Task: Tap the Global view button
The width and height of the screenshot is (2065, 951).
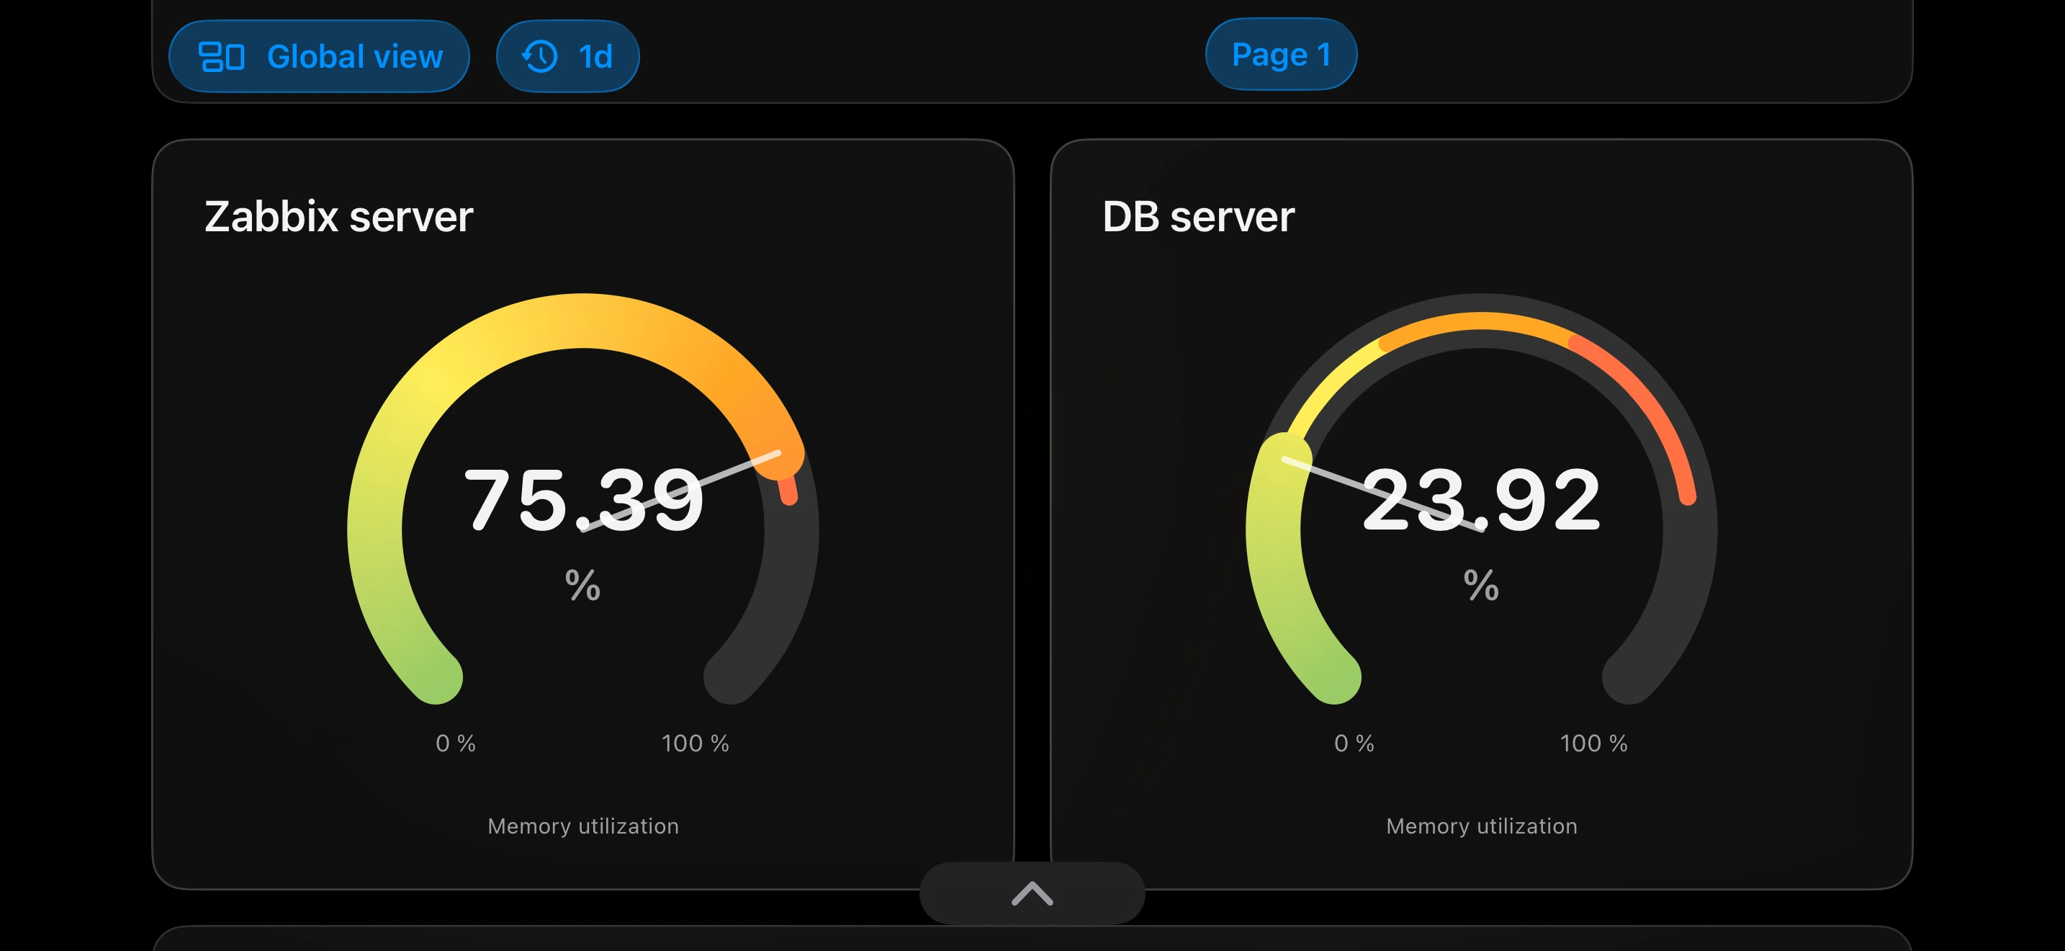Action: pos(319,56)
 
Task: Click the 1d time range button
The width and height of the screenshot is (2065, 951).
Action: pos(567,56)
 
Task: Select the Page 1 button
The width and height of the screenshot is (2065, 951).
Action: pos(1280,55)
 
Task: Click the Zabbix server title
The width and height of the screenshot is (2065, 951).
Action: pos(338,217)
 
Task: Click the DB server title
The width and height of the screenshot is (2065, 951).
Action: pos(1197,217)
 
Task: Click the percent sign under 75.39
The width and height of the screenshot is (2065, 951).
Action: pos(582,584)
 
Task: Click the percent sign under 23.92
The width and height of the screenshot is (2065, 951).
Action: pos(1481,584)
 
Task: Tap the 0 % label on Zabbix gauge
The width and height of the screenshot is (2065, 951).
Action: pos(455,744)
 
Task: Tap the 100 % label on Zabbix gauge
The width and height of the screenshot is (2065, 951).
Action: pos(695,744)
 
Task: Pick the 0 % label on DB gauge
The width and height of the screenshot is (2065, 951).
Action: pos(1354,744)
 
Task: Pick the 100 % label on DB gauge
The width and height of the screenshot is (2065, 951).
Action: pos(1593,744)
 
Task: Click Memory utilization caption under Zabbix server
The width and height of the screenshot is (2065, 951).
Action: pos(582,826)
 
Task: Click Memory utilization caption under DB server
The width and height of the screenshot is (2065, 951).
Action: pos(1481,826)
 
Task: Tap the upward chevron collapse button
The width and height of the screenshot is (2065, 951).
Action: pos(1032,893)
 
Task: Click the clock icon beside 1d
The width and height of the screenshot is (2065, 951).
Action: pos(539,56)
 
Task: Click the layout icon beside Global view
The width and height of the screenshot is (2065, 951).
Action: pos(221,56)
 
